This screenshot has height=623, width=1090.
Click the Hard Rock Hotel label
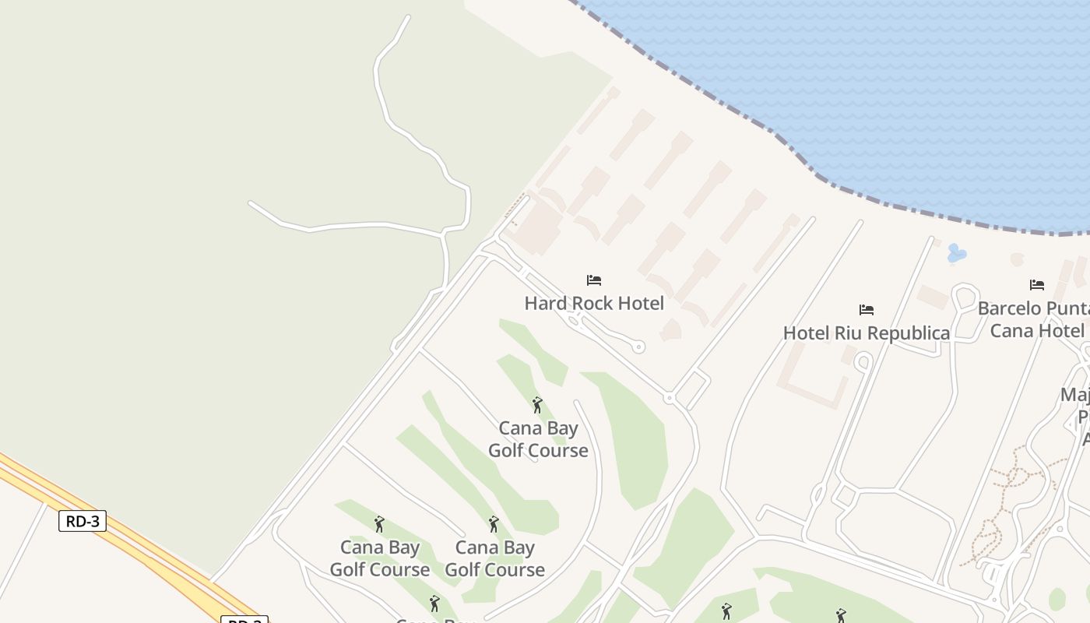[594, 303]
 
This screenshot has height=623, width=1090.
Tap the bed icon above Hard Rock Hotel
[594, 280]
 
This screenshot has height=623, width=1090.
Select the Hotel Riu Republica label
[866, 333]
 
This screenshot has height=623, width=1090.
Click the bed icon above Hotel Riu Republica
[866, 310]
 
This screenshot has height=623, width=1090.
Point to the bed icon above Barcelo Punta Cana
[1036, 285]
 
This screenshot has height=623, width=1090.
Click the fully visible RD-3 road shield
[82, 521]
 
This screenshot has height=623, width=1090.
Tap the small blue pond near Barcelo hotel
[956, 253]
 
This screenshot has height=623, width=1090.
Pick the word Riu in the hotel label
[849, 333]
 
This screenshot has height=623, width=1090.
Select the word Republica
[907, 333]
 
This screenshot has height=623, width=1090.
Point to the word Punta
[1068, 308]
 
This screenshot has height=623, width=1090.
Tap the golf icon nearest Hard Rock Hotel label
[536, 405]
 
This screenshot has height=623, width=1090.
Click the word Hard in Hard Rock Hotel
[542, 303]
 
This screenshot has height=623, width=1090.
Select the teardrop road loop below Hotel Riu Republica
[863, 362]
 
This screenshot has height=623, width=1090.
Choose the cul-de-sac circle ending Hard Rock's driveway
[638, 347]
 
